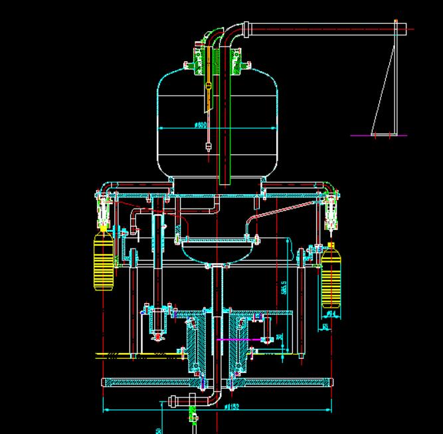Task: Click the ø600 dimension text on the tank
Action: (201, 125)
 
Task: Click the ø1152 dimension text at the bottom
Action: (232, 407)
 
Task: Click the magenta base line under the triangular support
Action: (378, 136)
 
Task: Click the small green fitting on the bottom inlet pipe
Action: (193, 414)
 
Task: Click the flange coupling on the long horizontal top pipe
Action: (247, 29)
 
